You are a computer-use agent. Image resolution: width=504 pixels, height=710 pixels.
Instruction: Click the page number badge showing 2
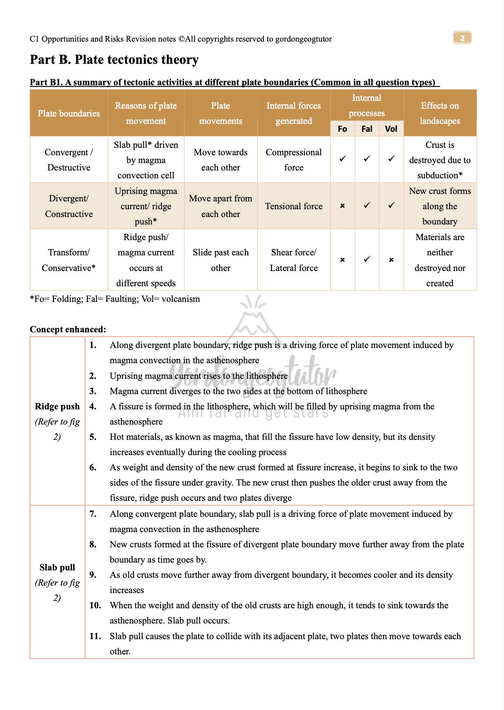click(x=462, y=38)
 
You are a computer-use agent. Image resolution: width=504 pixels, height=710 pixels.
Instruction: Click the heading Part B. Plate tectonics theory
click(x=114, y=60)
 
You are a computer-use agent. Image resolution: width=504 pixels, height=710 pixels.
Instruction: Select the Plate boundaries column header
click(x=69, y=113)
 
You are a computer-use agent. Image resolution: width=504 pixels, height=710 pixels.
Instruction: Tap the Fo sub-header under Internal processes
click(x=342, y=129)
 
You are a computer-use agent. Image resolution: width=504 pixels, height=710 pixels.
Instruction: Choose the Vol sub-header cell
click(x=391, y=129)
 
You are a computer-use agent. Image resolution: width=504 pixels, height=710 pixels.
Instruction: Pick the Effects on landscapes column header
click(x=440, y=113)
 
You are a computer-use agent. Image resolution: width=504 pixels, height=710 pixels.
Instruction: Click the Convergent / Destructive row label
click(x=69, y=160)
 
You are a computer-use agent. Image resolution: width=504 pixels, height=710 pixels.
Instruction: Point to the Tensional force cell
click(x=294, y=206)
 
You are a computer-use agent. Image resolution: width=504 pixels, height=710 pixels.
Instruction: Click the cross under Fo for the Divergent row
click(x=342, y=206)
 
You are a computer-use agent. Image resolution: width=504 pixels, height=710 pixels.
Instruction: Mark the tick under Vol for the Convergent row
click(x=391, y=159)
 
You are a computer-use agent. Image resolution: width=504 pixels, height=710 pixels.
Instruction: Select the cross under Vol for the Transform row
click(x=391, y=259)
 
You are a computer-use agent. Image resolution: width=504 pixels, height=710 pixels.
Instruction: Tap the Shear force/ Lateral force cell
click(x=294, y=260)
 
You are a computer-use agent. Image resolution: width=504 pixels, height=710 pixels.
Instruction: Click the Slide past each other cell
click(x=221, y=260)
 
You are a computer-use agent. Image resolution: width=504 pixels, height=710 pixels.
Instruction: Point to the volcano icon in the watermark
click(x=254, y=319)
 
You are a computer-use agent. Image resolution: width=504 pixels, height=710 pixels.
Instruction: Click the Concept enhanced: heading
click(x=68, y=329)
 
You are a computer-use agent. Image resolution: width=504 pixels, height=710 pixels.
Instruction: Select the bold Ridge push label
click(x=57, y=406)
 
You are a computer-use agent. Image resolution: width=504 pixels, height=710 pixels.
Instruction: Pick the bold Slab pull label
click(x=57, y=568)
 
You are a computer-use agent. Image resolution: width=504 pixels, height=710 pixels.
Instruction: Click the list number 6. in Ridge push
click(x=93, y=467)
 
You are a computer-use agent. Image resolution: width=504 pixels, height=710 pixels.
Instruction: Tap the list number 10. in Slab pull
click(x=95, y=605)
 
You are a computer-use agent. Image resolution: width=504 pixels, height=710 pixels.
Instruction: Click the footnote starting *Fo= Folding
click(x=115, y=299)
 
